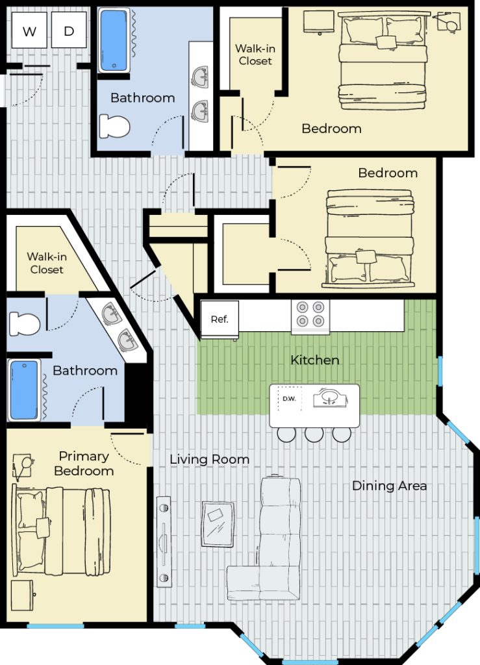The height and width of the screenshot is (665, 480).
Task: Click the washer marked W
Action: (x=29, y=30)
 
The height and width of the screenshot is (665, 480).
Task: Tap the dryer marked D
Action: (x=69, y=30)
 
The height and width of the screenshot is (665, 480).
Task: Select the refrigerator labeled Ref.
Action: (x=220, y=320)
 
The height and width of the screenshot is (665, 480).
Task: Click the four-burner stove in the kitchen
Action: (x=310, y=317)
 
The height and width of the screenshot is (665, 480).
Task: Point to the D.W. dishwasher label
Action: (x=289, y=399)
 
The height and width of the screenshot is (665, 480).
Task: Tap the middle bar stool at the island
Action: (x=314, y=434)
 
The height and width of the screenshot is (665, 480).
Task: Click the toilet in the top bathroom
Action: (x=114, y=127)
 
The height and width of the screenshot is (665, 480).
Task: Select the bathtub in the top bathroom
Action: (x=114, y=40)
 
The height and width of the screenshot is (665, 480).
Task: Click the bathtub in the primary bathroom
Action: (x=24, y=390)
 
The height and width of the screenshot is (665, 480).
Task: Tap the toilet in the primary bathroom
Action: (x=25, y=323)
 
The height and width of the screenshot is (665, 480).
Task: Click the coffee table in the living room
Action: (x=218, y=525)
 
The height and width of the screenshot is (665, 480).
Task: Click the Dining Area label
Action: (x=389, y=486)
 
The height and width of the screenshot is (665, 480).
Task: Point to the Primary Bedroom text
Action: (x=84, y=463)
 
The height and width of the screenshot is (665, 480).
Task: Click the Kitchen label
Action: (x=314, y=360)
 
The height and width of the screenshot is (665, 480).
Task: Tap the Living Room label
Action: (x=209, y=459)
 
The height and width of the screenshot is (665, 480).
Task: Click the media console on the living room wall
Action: (x=164, y=542)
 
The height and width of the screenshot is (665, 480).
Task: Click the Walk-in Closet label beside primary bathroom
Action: (x=47, y=263)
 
